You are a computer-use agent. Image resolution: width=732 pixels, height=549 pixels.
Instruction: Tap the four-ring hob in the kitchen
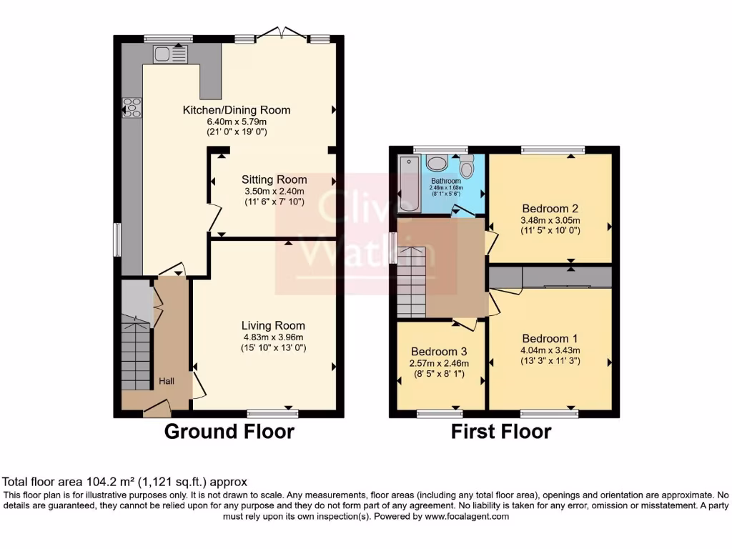coord(132,107)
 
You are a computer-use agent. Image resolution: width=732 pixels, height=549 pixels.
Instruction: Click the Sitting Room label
coord(274,179)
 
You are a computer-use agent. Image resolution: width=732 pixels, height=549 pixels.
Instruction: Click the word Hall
coord(167,382)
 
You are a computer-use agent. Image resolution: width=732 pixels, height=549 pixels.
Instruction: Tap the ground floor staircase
coord(135,354)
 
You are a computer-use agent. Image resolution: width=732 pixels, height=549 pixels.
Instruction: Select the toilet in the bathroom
coord(467,167)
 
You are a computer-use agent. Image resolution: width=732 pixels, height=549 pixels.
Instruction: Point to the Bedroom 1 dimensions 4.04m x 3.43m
coord(550,350)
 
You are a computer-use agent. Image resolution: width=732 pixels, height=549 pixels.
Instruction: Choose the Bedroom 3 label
coord(439,352)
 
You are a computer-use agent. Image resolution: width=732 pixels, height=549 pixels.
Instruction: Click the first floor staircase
coord(412,282)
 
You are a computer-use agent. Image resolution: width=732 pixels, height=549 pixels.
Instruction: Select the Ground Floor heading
coord(229,432)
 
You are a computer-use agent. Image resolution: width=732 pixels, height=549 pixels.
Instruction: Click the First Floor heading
coord(500,432)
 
